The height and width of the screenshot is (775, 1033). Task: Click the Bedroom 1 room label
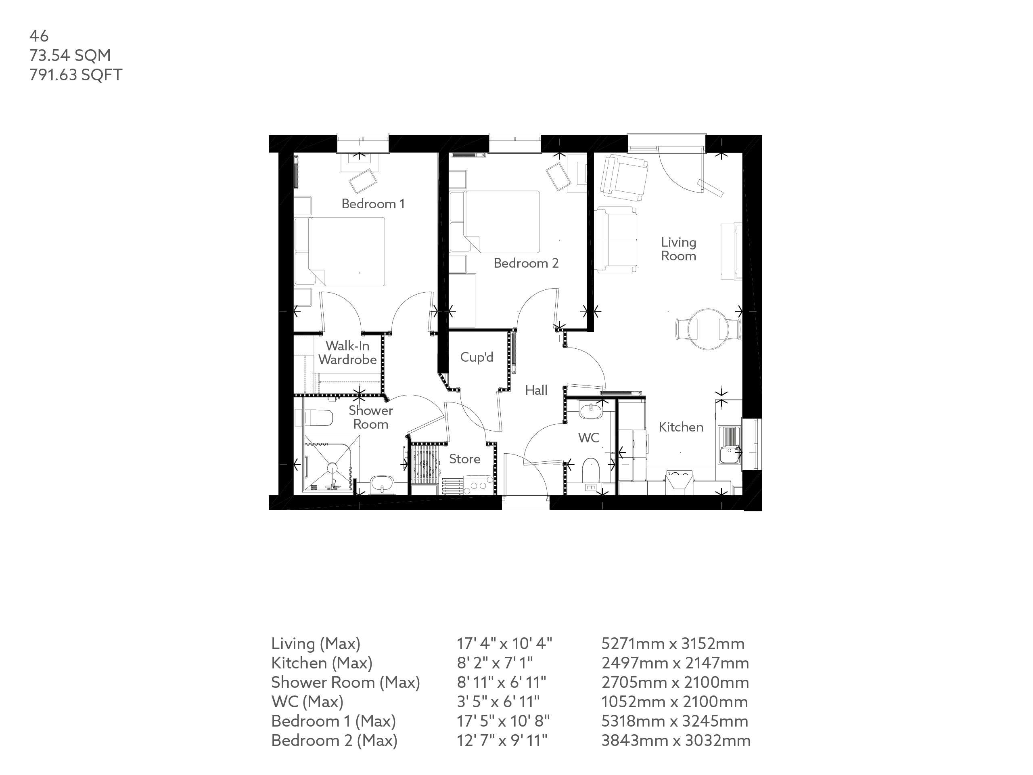tap(373, 204)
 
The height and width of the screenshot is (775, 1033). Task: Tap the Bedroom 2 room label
tap(526, 263)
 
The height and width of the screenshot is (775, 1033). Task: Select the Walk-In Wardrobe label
tap(347, 353)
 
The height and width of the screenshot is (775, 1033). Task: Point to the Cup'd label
tap(476, 357)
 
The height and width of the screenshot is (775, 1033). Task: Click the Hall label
tap(535, 390)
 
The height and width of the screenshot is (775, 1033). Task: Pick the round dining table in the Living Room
tap(708, 329)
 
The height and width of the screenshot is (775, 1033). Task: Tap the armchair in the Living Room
tap(624, 176)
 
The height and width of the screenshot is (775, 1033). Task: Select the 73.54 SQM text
tap(70, 55)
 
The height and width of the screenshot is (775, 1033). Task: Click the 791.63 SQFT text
tap(75, 75)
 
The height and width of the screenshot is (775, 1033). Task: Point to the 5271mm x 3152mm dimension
tap(673, 644)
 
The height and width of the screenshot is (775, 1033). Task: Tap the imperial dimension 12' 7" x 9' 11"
tap(502, 740)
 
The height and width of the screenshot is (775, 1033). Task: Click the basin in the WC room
tap(591, 411)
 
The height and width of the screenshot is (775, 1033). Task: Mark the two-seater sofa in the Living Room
tap(617, 240)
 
